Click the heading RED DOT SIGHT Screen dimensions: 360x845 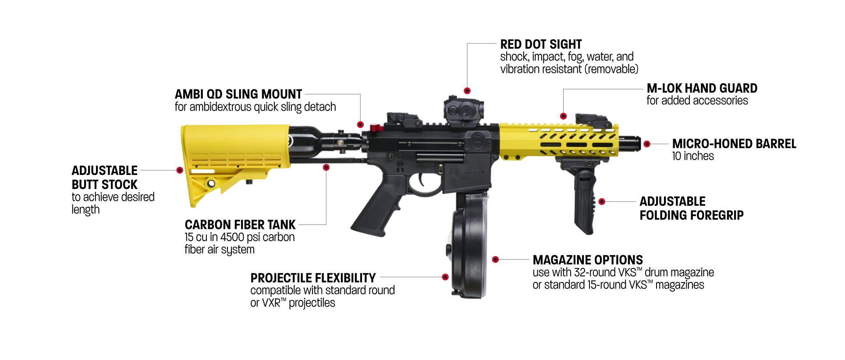tap(541, 44)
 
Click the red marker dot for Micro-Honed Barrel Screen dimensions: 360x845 tap(647, 144)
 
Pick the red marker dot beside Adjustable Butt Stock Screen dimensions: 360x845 tap(180, 170)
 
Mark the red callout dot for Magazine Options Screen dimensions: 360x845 tap(495, 260)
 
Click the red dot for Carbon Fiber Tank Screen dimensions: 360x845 tap(326, 168)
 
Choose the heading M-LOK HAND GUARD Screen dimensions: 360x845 tap(702, 88)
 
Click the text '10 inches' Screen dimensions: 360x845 tap(693, 156)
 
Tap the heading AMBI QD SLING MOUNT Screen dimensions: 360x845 tap(238, 94)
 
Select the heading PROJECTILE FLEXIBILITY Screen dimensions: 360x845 tap(313, 278)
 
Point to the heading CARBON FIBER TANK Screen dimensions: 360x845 tap(240, 225)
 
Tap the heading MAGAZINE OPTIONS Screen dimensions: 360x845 tap(588, 260)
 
